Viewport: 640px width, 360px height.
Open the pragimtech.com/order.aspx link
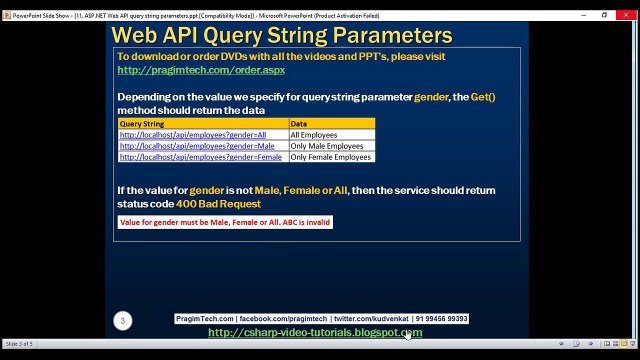[x=201, y=70]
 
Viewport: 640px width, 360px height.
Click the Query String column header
[x=142, y=123]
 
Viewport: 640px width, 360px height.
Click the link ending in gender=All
[x=193, y=134]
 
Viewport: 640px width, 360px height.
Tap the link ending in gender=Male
[x=197, y=146]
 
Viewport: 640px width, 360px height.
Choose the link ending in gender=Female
[x=201, y=157]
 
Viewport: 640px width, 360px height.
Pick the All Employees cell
[x=314, y=134]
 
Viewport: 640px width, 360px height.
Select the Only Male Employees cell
[x=327, y=146]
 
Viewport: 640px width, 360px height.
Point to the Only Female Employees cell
[x=331, y=157]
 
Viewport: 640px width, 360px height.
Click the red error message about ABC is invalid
[x=225, y=222]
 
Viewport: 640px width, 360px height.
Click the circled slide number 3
[x=122, y=321]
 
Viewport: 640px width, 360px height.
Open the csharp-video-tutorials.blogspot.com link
[x=315, y=332]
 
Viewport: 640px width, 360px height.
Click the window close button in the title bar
[x=626, y=15]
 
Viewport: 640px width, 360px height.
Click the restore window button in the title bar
[x=604, y=15]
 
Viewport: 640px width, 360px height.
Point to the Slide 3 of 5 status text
[x=20, y=343]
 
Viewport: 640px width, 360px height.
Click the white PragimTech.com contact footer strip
[x=321, y=319]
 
